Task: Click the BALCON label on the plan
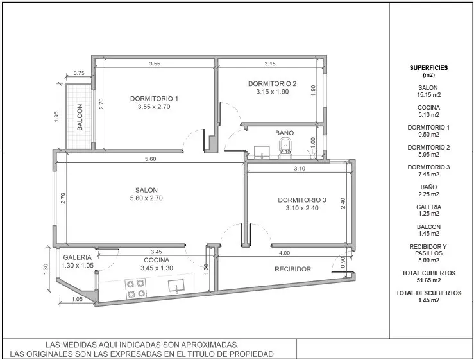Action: point(80,117)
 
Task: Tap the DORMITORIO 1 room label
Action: point(154,99)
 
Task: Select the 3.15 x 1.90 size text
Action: point(273,92)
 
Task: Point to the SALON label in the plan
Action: point(146,190)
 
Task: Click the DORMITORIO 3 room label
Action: point(302,200)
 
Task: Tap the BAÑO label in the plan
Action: point(284,133)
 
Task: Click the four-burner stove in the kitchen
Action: point(135,289)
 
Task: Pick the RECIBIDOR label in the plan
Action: point(292,269)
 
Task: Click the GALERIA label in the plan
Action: point(77,257)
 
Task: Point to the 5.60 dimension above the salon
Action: point(150,159)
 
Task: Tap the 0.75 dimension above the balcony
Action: point(79,73)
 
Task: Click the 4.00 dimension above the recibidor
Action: point(284,253)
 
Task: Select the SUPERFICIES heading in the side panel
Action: point(428,68)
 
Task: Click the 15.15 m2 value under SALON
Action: point(428,95)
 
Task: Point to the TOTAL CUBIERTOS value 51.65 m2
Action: point(428,280)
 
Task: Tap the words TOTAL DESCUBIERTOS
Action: point(428,293)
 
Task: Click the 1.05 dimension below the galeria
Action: point(78,299)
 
